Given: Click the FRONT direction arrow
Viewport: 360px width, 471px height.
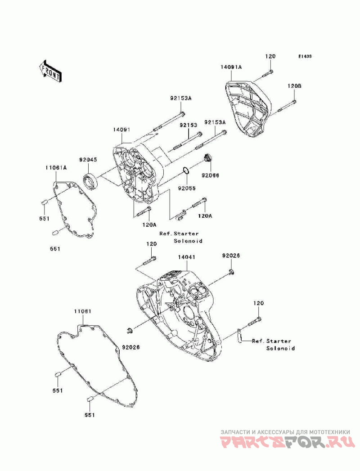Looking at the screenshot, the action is coord(50,71).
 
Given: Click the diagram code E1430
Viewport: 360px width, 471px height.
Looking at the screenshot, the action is coord(305,56).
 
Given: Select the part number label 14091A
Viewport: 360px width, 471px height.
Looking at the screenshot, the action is coord(231,67).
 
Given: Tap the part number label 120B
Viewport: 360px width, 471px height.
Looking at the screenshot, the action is coord(294,86).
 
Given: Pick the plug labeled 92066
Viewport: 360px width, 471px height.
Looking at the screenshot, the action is coord(207,158).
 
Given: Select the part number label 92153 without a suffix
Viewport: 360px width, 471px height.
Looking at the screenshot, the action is coord(189,125).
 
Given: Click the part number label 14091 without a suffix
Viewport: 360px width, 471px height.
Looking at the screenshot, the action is coord(121,130).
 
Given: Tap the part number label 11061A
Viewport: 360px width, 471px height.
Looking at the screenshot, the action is coord(56,168).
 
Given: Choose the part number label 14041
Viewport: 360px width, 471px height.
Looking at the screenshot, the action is coord(186,257).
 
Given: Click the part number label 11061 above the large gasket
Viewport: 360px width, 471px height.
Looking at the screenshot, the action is coord(83,311).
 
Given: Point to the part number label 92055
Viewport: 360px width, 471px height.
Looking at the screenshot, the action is coord(187,188).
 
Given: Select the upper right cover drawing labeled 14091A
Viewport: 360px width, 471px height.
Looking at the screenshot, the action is coord(248,108).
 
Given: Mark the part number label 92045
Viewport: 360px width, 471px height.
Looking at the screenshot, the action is coord(88,160).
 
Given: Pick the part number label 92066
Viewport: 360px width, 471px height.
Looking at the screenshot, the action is coord(210,175).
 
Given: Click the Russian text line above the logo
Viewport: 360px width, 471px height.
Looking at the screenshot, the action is coord(285,432).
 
